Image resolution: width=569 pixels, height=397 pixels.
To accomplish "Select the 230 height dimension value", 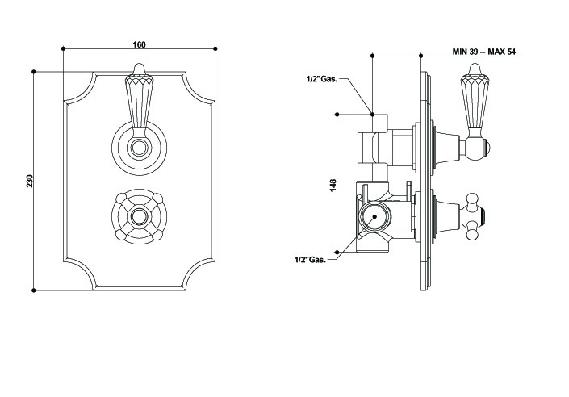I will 30,182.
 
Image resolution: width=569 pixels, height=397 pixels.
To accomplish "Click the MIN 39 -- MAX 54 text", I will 481,52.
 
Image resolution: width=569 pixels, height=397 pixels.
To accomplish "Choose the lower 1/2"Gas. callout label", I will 311,259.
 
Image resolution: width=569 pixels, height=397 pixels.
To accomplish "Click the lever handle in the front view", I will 137,101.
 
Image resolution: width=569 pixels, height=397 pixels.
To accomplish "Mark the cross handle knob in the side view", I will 475,215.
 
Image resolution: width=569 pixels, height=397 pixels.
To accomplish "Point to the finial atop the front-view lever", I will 137,69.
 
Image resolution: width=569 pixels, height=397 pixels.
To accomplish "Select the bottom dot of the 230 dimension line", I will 33,289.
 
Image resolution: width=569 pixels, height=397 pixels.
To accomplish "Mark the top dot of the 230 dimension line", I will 33,72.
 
